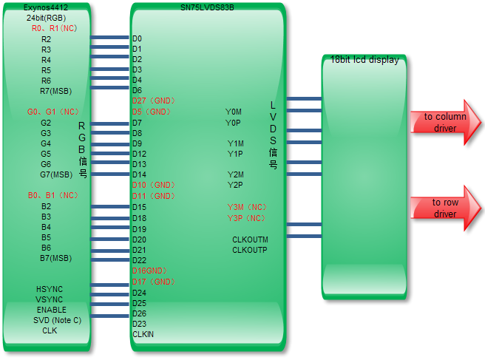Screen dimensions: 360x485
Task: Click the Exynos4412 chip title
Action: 47,7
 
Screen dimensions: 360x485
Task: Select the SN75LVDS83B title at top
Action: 207,7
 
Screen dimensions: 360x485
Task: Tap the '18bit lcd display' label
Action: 364,60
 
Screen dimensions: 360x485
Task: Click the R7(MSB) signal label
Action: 56,91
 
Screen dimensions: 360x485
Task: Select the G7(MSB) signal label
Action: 56,174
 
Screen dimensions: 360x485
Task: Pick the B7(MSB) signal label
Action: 56,258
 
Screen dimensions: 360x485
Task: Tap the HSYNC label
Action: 50,289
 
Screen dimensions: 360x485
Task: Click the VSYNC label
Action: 50,299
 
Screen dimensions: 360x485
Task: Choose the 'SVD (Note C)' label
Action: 57,320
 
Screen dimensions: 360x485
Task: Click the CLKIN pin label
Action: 143,334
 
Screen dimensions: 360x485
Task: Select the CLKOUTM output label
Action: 250,240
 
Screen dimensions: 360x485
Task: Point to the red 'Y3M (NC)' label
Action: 247,207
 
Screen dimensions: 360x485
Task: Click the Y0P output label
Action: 234,123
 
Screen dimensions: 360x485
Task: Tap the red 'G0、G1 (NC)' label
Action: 53,112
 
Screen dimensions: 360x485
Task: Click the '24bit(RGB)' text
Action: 46,18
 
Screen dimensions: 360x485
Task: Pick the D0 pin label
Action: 137,38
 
